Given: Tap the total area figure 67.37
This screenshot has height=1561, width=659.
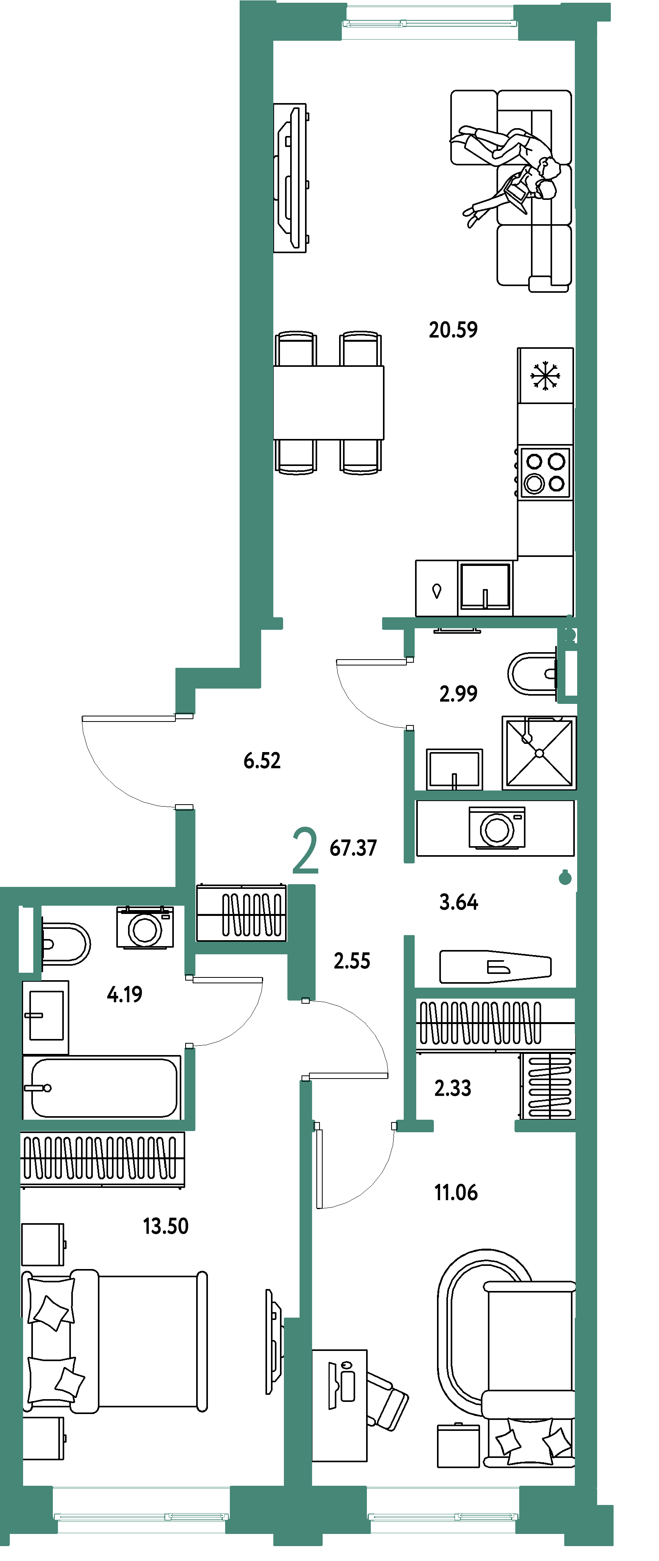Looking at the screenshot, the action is point(353,848).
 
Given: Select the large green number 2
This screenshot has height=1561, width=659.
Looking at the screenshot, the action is point(305,851).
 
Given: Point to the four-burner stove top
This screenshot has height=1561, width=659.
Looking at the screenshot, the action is point(545,472).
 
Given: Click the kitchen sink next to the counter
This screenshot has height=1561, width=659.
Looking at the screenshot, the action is point(485,586).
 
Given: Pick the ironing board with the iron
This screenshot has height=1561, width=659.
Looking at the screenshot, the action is point(495,966).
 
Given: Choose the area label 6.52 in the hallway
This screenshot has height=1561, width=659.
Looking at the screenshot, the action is point(262,760).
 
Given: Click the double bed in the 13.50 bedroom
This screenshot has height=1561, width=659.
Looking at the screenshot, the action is point(115,1341).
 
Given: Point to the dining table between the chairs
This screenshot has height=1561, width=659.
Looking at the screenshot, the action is point(328,402).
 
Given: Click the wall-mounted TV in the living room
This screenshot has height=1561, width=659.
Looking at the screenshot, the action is point(290,178).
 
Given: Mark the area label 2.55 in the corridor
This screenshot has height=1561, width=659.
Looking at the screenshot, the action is point(352,961).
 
